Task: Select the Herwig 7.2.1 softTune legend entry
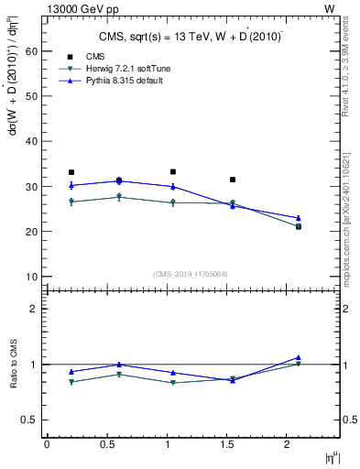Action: pos(127,70)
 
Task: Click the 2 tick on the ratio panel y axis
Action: pos(33,309)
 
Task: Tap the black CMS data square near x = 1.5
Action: pos(233,180)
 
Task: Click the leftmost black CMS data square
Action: pos(71,172)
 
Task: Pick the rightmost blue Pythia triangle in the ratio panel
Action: pos(299,357)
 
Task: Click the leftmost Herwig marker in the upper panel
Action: pos(71,202)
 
